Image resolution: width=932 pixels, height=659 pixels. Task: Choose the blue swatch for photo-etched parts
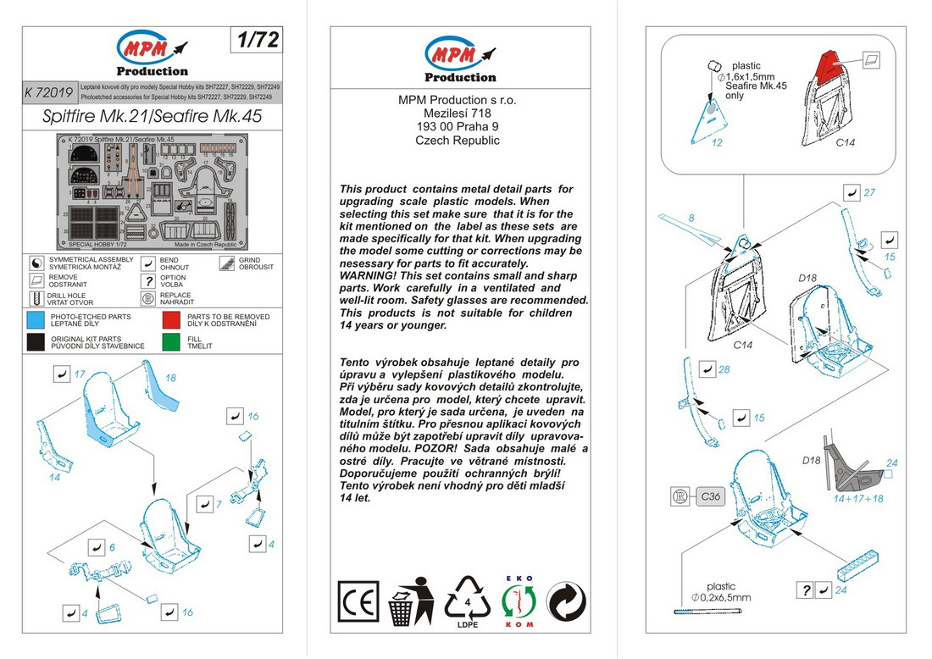[x=36, y=321]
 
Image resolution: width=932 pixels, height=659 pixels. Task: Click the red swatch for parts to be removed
[x=172, y=321]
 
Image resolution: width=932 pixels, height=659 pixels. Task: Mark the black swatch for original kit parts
[x=36, y=342]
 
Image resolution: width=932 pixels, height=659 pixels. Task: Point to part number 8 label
[x=691, y=218]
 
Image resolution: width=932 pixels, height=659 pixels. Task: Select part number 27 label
[x=868, y=193]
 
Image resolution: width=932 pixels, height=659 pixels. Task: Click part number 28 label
[x=724, y=369]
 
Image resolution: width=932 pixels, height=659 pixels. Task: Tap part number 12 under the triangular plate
[x=717, y=142]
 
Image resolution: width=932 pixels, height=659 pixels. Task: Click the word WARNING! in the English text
[x=368, y=276]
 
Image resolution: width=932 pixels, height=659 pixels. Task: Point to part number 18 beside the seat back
[x=170, y=378]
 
